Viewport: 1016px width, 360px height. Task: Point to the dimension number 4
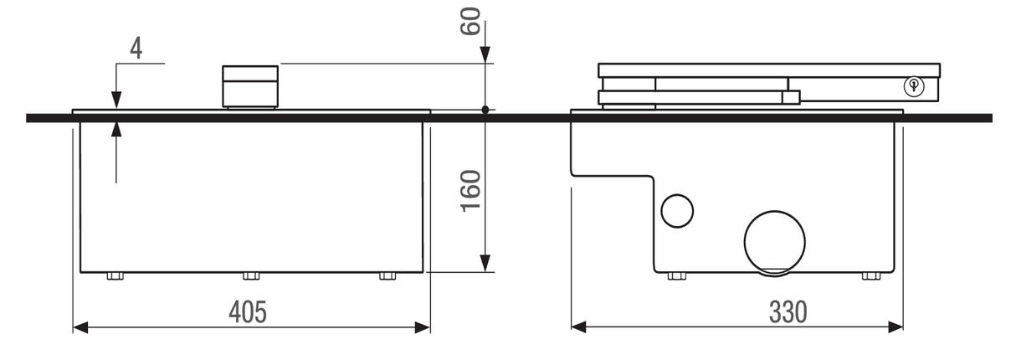[x=135, y=48]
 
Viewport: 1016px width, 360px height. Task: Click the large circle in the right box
[x=774, y=240]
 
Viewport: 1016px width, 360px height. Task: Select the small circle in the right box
[x=677, y=211]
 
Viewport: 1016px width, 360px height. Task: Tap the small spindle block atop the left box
[x=249, y=86]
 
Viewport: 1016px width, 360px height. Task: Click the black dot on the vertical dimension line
[x=485, y=110]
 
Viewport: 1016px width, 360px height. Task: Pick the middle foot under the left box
[x=251, y=276]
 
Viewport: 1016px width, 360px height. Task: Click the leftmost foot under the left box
[x=115, y=276]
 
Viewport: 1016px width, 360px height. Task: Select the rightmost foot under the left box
[x=387, y=276]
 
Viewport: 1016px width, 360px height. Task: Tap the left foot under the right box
[x=676, y=276]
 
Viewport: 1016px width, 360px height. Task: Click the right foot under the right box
[x=871, y=276]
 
